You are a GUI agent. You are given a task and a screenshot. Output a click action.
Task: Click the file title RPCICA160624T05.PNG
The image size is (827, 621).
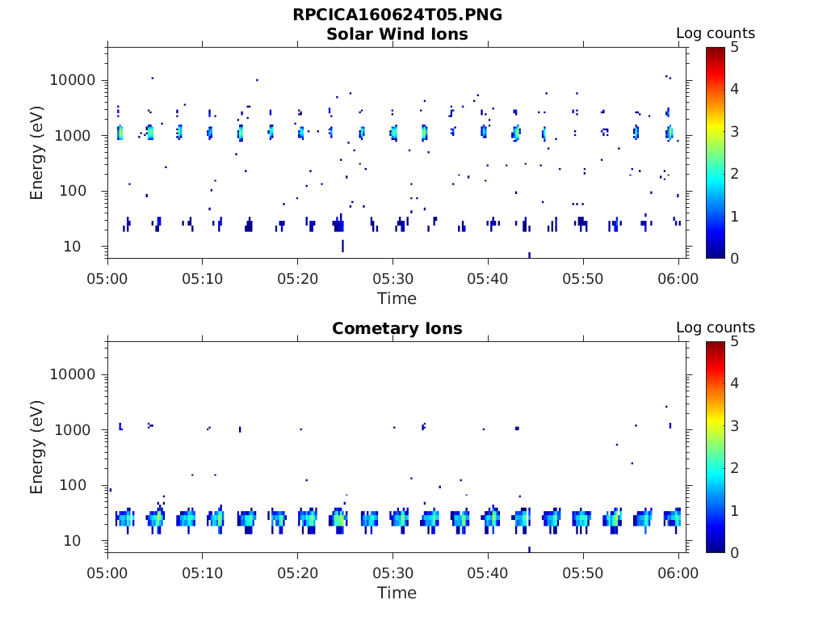click(397, 15)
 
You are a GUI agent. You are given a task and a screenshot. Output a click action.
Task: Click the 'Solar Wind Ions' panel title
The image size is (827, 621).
click(397, 34)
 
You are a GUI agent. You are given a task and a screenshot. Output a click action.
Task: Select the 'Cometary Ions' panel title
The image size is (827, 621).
click(397, 328)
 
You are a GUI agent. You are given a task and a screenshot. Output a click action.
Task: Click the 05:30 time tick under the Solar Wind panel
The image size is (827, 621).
click(393, 279)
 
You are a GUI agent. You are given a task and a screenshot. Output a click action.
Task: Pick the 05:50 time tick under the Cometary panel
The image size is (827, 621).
click(583, 573)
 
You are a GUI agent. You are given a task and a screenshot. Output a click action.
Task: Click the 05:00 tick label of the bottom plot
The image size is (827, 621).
click(107, 573)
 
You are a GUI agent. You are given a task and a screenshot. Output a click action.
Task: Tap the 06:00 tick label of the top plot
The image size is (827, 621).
click(678, 279)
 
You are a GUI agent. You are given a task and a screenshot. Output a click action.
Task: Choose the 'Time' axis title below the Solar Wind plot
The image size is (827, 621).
click(397, 298)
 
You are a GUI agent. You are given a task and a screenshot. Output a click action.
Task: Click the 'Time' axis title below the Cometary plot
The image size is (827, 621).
click(397, 593)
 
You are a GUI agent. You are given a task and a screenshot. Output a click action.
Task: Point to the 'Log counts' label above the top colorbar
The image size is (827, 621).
click(715, 33)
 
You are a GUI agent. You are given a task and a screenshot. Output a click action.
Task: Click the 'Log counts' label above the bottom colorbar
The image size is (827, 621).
click(715, 327)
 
